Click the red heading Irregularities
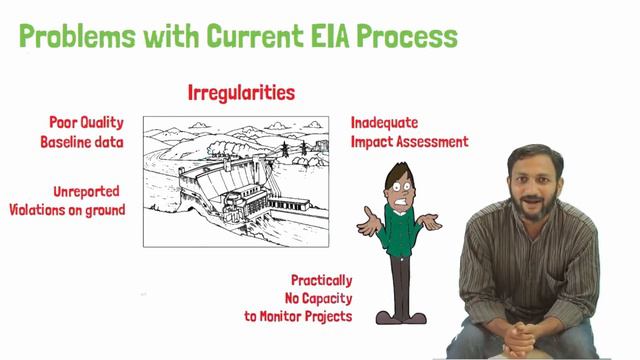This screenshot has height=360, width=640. [x=241, y=93]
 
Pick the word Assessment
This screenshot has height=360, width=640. [x=430, y=142]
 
